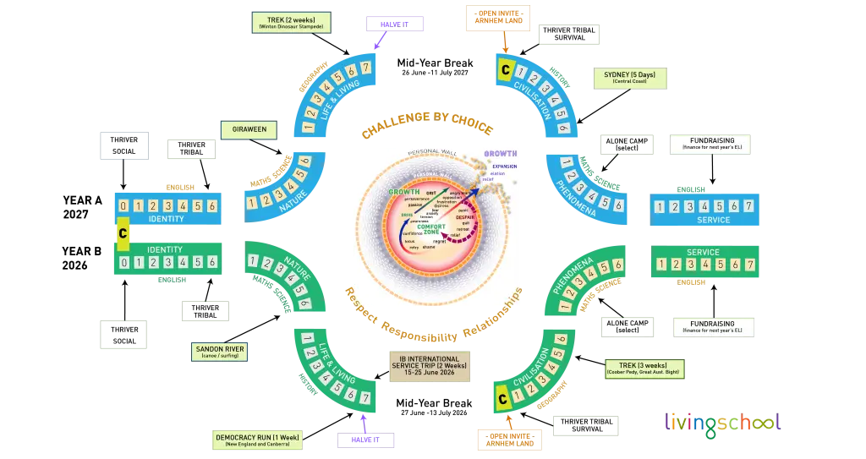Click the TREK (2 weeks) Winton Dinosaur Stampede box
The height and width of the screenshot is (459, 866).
click(x=290, y=22)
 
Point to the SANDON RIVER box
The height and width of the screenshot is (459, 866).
click(x=220, y=351)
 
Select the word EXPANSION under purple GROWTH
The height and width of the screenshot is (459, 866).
click(x=504, y=167)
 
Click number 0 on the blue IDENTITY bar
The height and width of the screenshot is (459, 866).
click(x=123, y=205)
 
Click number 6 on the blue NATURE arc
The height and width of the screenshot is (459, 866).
click(x=305, y=161)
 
